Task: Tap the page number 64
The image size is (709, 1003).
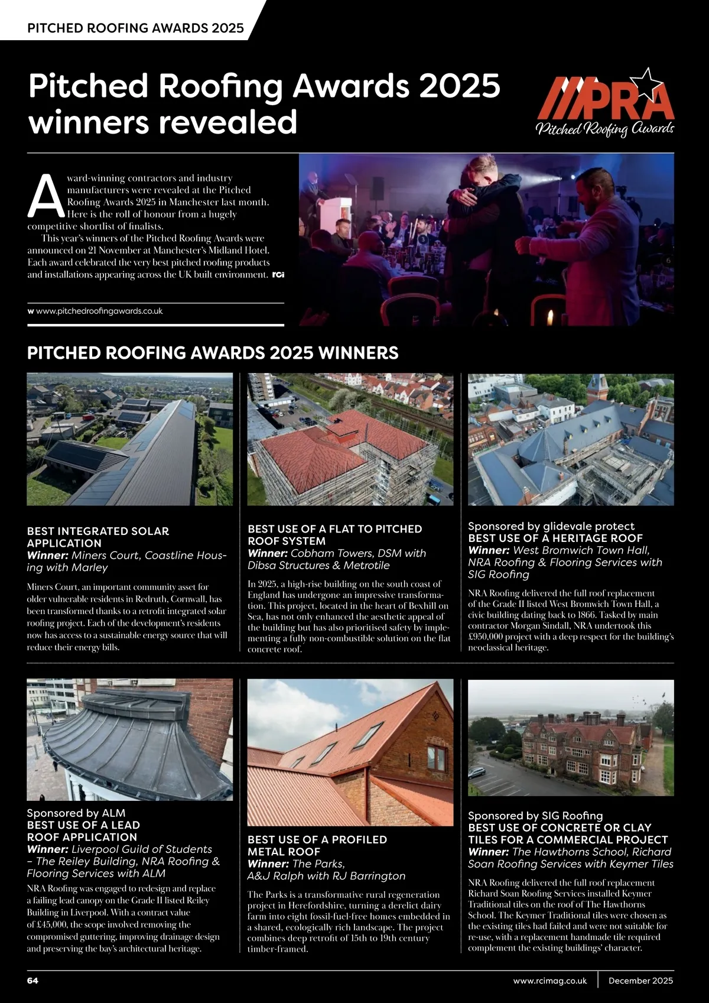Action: [33, 980]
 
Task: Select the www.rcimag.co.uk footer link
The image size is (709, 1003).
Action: [550, 980]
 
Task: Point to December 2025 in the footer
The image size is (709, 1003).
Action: [640, 980]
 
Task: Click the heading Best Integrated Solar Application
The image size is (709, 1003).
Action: [98, 537]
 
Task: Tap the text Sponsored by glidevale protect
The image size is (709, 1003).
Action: [551, 525]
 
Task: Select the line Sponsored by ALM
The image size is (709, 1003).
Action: [76, 813]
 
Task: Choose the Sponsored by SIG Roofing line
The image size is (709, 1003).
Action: [535, 815]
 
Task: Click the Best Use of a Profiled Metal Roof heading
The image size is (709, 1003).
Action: [317, 845]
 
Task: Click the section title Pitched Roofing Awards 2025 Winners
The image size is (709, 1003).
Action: [213, 353]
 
